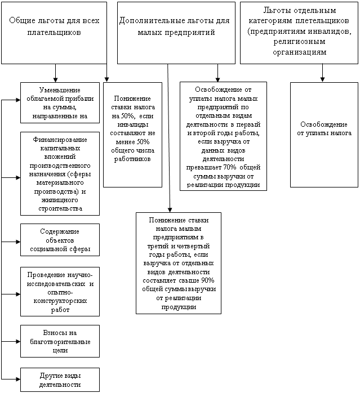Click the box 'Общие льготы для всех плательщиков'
[54, 32]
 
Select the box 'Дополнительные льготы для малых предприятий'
[176, 32]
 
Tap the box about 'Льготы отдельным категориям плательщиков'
[299, 32]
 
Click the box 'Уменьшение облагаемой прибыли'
[60, 103]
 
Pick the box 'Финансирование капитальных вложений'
[60, 173]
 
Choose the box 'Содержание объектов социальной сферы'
[60, 240]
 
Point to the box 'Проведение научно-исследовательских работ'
[60, 291]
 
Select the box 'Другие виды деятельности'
[60, 380]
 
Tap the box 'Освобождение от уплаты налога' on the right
[324, 135]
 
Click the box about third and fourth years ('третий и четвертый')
[178, 262]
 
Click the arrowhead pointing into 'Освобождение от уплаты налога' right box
[322, 79]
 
